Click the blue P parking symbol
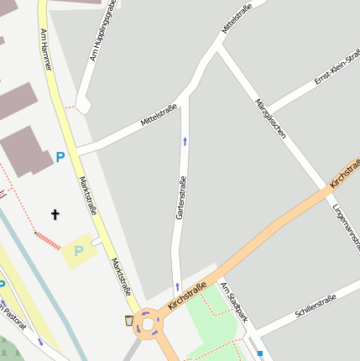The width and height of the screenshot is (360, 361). pyautogui.click(x=60, y=156)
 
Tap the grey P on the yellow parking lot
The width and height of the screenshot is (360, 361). pyautogui.click(x=79, y=250)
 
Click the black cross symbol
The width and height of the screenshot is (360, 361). pyautogui.click(x=55, y=215)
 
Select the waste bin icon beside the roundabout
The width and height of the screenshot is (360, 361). pyautogui.click(x=128, y=320)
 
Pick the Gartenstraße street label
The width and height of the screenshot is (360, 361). pyautogui.click(x=180, y=198)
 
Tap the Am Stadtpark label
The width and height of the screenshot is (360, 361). pyautogui.click(x=235, y=302)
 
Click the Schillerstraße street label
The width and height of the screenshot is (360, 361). pyautogui.click(x=316, y=306)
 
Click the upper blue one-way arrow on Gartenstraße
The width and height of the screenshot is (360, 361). pyautogui.click(x=185, y=140)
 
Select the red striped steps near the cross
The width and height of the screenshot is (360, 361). pyautogui.click(x=48, y=240)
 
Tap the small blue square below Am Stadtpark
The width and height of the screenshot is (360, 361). pyautogui.click(x=261, y=353)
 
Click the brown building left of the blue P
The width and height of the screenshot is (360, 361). pyautogui.click(x=24, y=151)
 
